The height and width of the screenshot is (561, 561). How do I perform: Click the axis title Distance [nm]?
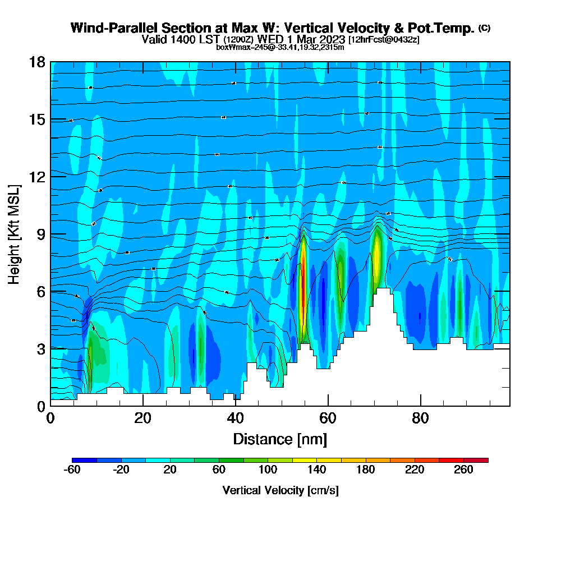pos(280,439)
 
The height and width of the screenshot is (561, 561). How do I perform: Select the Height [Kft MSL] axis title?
pos(14,233)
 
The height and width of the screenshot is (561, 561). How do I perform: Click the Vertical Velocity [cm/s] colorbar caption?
pos(280,490)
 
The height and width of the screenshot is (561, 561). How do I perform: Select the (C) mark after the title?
pos(484,27)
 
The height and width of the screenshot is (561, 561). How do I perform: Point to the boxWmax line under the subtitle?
pos(280,47)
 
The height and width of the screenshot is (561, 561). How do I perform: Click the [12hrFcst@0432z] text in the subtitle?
pos(384,40)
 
